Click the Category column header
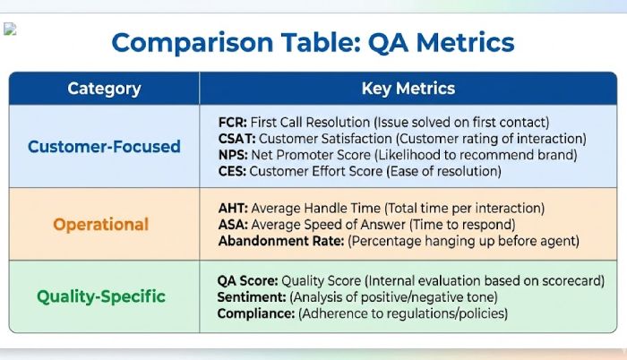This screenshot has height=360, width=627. point(104,89)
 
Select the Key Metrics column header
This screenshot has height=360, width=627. point(408,89)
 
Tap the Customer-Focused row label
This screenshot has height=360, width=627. point(104,146)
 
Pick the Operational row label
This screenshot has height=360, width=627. point(101,224)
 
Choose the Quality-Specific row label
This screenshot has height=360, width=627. point(101,296)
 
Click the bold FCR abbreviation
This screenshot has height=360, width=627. point(233,122)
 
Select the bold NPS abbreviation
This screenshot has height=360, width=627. point(233,154)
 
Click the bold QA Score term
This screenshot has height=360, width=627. point(252,280)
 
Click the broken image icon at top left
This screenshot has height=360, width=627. point(10,29)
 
